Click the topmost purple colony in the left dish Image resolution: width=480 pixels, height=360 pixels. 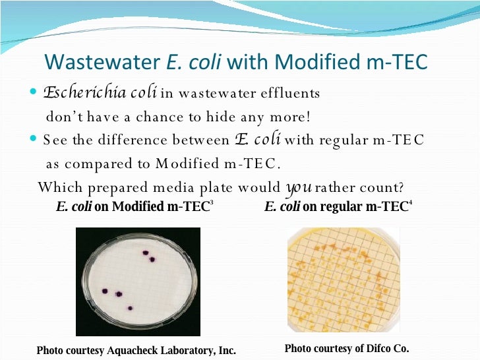[x=145, y=252]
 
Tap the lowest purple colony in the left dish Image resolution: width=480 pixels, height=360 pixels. [x=130, y=308]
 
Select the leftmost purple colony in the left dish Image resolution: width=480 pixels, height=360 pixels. [x=104, y=291]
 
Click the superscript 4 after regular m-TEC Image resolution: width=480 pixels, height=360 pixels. [x=411, y=204]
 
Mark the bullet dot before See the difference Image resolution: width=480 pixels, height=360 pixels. [x=35, y=140]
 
